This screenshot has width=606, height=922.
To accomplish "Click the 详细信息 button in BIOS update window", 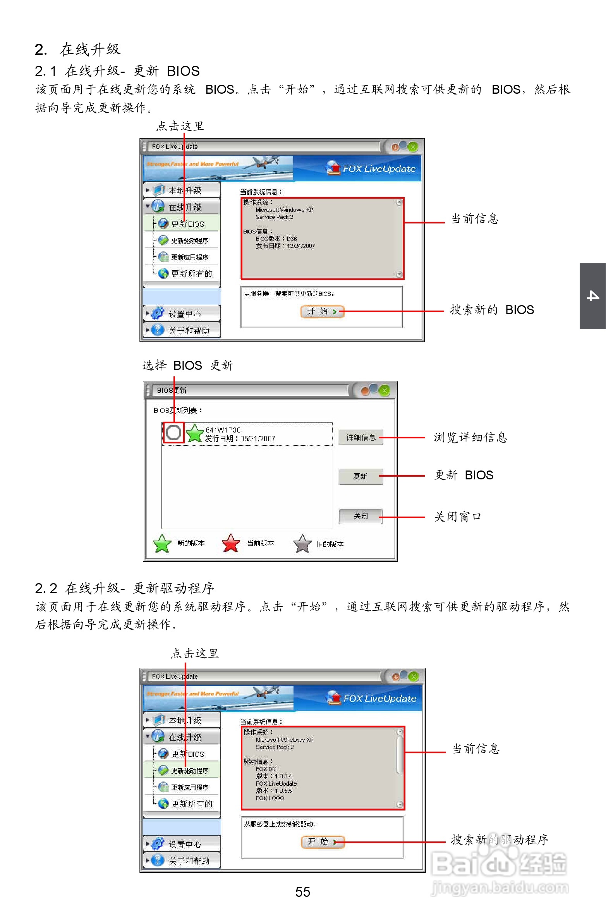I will tap(361, 437).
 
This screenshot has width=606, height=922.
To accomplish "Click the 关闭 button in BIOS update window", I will tap(361, 516).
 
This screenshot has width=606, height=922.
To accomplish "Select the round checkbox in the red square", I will tap(173, 432).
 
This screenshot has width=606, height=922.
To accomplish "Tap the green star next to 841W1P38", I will tap(194, 433).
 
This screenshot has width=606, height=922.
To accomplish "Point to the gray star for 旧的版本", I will tap(302, 543).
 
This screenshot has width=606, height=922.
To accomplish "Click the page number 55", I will tap(302, 892).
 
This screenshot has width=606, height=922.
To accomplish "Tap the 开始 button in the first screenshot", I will tap(322, 311).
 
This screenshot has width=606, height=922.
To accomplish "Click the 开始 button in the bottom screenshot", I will tap(323, 841).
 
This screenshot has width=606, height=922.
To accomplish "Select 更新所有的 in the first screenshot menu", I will tap(191, 274).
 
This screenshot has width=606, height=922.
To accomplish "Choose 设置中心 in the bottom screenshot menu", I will tap(185, 844).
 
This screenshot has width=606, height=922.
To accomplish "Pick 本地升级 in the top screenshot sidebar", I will tap(185, 190).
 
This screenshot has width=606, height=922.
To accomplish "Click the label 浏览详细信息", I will tap(470, 437).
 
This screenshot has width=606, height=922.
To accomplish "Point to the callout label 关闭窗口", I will tap(457, 517).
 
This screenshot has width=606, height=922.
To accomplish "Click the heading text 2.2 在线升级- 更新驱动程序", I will tap(124, 588).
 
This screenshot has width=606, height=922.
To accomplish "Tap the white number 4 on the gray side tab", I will tap(593, 296).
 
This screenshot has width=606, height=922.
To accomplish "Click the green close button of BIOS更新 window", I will tap(385, 391).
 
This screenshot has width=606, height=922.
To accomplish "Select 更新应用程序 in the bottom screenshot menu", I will tap(189, 788).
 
